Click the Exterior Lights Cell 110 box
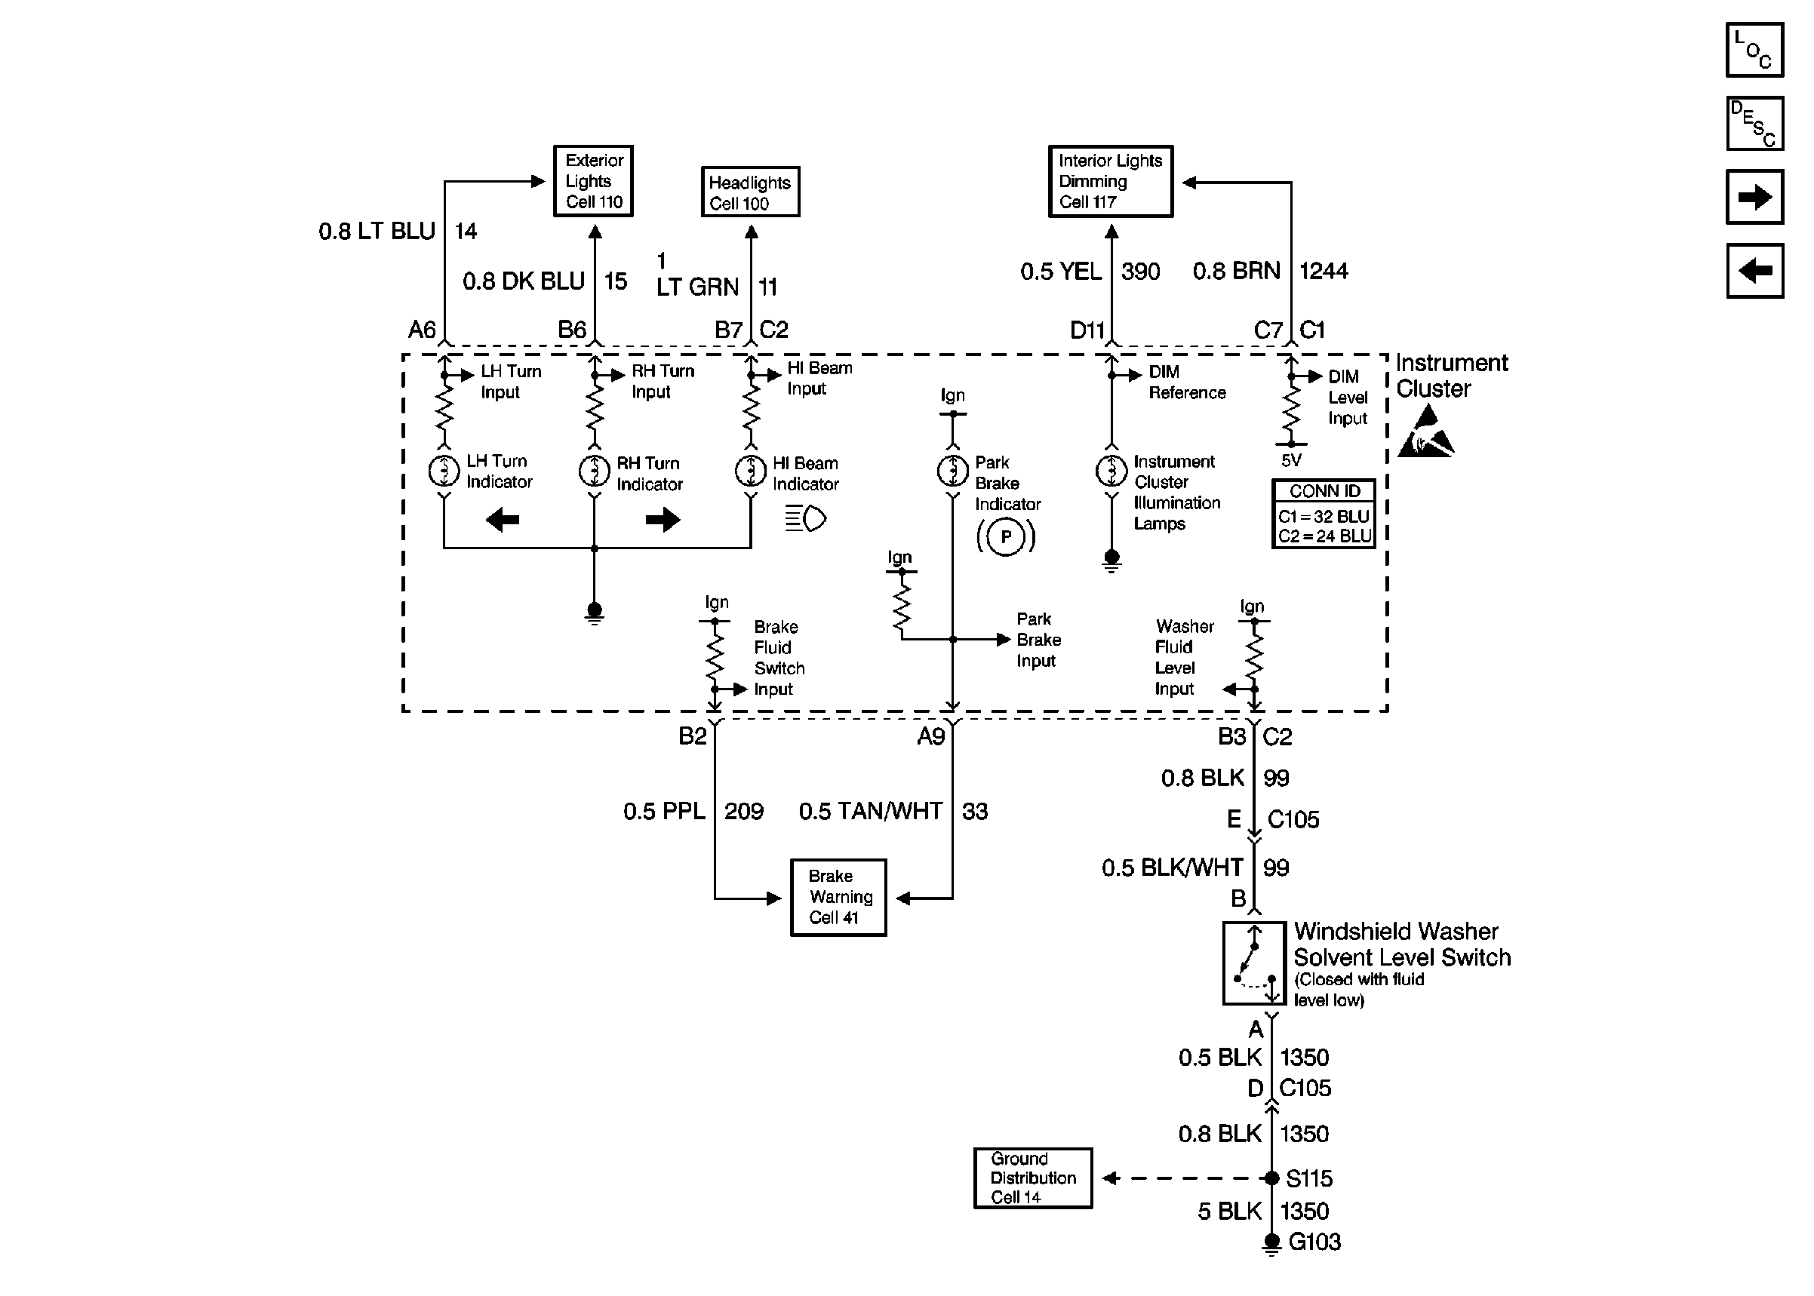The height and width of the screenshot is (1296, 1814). click(x=593, y=181)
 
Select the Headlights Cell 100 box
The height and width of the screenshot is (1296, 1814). click(x=750, y=192)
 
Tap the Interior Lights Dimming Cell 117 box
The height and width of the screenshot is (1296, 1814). click(x=1110, y=181)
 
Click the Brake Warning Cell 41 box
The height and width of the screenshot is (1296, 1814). click(x=838, y=897)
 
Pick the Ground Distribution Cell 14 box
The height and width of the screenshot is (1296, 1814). click(x=1033, y=1178)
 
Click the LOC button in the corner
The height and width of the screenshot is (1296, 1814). click(x=1754, y=50)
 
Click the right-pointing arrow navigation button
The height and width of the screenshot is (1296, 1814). click(x=1754, y=197)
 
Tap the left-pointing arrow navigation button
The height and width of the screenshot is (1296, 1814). click(x=1754, y=271)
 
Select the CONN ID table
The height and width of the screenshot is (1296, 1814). click(x=1324, y=513)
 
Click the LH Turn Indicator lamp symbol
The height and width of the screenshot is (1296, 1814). click(x=444, y=471)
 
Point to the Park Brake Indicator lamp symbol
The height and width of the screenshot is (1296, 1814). click(x=952, y=471)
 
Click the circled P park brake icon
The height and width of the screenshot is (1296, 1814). click(x=1006, y=536)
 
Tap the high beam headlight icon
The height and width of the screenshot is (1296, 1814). click(x=805, y=519)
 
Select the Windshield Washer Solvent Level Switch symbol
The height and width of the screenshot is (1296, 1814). click(x=1254, y=963)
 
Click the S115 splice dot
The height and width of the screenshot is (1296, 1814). click(x=1272, y=1178)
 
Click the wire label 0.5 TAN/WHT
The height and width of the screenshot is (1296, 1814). click(x=871, y=812)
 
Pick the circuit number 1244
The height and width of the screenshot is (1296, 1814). click(x=1324, y=272)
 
